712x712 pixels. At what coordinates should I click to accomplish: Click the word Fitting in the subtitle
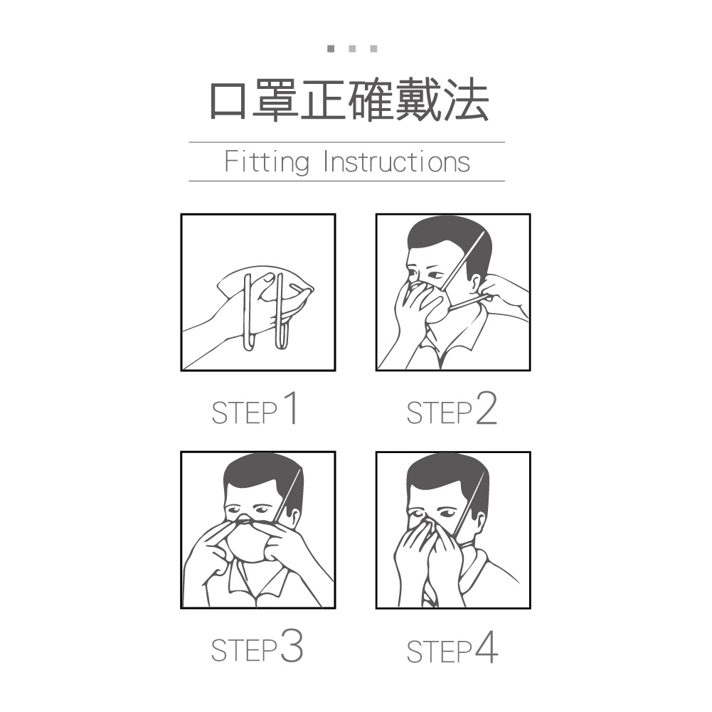(267, 162)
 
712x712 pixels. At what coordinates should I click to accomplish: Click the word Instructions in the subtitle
(397, 161)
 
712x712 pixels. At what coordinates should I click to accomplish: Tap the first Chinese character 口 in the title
(228, 100)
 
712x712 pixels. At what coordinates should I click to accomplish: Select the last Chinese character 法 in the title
(467, 100)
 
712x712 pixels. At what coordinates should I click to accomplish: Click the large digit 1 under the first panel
(291, 408)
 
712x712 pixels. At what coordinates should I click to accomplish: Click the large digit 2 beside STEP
(487, 408)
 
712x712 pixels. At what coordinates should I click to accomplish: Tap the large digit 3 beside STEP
(291, 646)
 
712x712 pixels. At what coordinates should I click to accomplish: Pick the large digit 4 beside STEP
(487, 647)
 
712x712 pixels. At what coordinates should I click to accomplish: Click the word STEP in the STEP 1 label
(244, 413)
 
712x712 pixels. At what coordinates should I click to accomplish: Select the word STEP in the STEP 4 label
(439, 652)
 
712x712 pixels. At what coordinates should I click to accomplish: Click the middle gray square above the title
(352, 48)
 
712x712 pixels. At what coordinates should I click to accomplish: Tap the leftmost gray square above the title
(331, 48)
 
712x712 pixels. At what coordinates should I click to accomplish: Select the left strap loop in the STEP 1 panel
(248, 312)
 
